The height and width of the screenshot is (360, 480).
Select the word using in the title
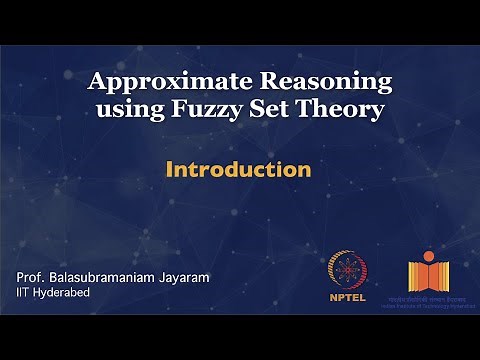128,108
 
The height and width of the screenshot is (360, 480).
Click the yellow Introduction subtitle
238,169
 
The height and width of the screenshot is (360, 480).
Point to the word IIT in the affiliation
24,292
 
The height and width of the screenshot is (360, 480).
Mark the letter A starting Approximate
97,82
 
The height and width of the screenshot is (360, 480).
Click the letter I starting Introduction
170,169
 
